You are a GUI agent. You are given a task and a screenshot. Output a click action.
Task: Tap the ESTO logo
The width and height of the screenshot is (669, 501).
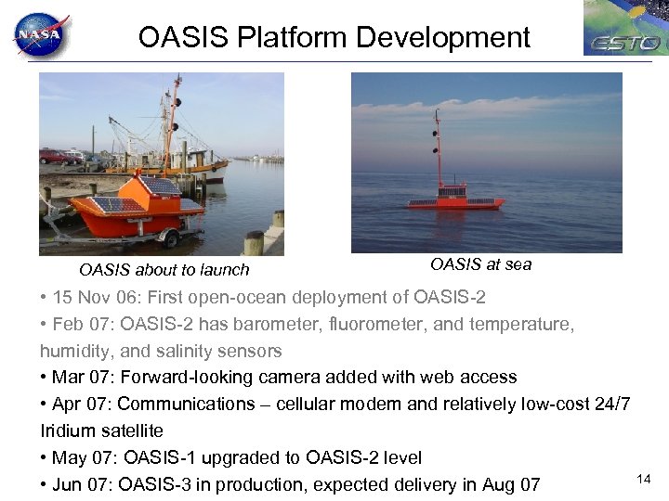tap(624, 29)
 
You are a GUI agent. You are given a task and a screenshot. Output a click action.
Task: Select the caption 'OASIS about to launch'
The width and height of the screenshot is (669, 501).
tap(164, 270)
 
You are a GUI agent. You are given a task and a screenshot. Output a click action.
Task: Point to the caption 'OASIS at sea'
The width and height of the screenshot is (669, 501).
tap(480, 264)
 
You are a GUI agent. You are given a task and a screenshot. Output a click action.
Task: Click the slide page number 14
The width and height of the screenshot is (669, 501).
tap(643, 478)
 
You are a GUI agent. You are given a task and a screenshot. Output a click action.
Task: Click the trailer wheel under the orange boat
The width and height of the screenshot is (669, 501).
tap(170, 238)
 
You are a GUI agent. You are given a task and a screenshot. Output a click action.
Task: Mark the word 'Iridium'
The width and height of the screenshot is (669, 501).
tap(67, 431)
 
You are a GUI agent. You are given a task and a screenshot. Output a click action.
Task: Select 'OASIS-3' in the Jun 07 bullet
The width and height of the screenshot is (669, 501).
tap(160, 484)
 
